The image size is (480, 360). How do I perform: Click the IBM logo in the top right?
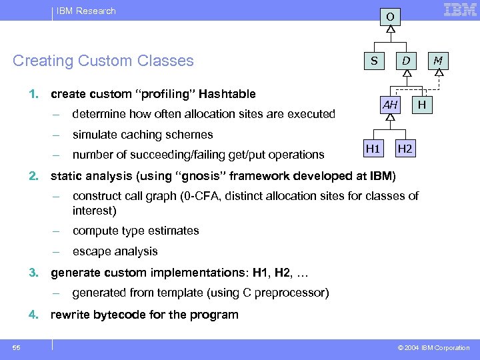460,10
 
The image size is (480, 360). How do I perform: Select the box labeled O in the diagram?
390,15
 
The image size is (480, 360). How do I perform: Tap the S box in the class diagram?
374,61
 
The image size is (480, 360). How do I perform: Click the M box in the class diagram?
437,61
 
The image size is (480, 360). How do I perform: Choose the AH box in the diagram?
390,105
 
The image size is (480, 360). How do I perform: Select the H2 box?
405,148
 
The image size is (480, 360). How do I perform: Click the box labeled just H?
421,105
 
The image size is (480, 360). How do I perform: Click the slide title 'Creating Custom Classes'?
103,61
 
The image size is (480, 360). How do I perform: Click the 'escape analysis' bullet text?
115,251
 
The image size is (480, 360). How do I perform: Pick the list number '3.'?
33,273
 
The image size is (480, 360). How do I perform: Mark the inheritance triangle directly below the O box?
390,29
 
